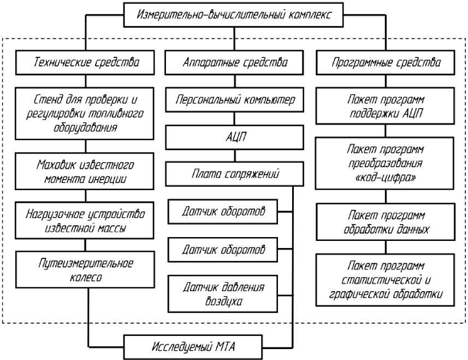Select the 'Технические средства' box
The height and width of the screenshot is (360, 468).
tap(84, 63)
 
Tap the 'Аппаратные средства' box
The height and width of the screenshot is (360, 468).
tap(235, 63)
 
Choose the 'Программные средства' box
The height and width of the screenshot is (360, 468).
tap(386, 63)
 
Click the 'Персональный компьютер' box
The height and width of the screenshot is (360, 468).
tap(235, 100)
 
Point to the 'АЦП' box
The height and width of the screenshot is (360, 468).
tap(235, 137)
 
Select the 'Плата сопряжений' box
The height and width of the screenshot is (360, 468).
tap(235, 175)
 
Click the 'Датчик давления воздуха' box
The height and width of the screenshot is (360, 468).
tap(223, 293)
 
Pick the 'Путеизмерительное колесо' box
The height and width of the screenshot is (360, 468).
tap(85, 270)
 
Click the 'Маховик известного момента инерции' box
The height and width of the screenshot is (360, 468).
tap(85, 171)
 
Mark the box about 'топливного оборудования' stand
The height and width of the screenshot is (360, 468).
tap(85, 114)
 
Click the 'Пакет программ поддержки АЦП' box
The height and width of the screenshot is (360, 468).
tap(386, 107)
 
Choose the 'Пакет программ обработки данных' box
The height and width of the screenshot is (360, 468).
tap(386, 222)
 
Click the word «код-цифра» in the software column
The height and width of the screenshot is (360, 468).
tap(386, 177)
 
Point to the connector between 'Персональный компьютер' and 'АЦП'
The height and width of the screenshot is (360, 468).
tap(235, 119)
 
